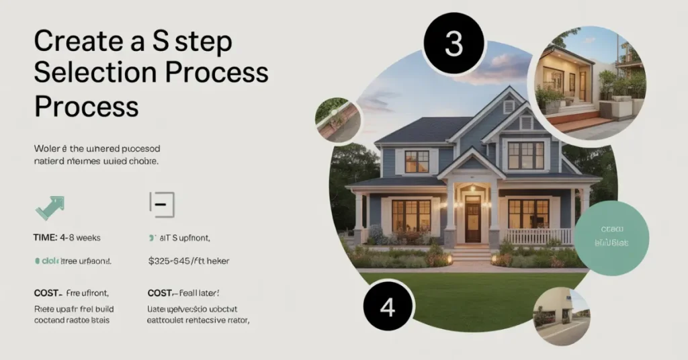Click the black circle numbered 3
(454, 44)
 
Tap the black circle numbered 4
(387, 307)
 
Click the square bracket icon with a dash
(161, 204)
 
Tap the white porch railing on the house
(537, 236)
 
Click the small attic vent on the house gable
(509, 106)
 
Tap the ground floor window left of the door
(411, 216)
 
